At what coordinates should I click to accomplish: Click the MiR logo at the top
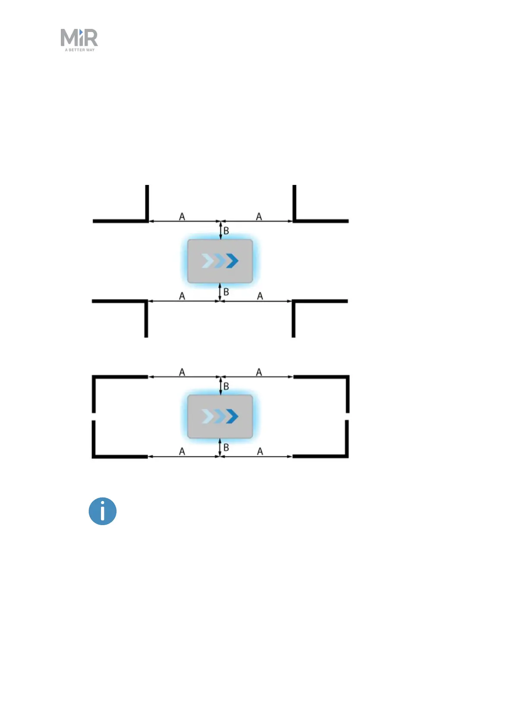tap(79, 38)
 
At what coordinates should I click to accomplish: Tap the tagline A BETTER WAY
tap(80, 50)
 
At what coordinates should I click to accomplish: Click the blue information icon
tap(103, 511)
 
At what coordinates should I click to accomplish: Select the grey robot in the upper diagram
tap(220, 261)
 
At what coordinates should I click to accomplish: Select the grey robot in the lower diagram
tap(220, 416)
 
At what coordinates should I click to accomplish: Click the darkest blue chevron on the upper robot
tap(233, 261)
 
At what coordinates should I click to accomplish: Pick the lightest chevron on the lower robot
tap(207, 416)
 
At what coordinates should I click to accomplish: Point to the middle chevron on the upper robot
tap(220, 261)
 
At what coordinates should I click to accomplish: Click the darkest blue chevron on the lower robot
tap(233, 416)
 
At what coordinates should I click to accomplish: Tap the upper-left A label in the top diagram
tap(182, 216)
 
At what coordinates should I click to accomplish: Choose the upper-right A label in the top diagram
tap(259, 216)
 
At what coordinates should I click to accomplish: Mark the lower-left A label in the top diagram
tap(182, 296)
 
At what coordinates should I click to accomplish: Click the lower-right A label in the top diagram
tap(260, 296)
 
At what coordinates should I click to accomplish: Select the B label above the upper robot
tap(226, 231)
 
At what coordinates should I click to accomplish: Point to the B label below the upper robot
tap(226, 292)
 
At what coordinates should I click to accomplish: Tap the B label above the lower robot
tap(226, 386)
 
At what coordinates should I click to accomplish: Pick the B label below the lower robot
tap(226, 448)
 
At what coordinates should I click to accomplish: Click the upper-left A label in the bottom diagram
tap(182, 372)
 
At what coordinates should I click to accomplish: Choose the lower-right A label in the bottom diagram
tap(260, 451)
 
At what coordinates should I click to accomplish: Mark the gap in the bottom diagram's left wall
tap(94, 416)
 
